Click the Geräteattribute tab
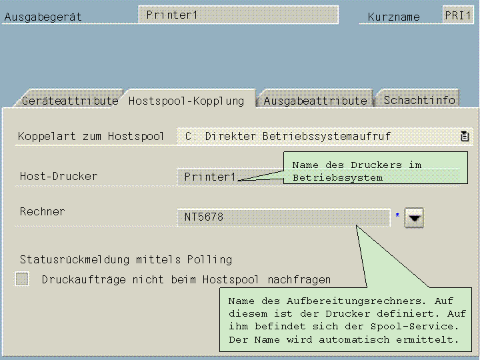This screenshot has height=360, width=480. click(x=69, y=101)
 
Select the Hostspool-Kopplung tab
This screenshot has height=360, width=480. click(x=186, y=101)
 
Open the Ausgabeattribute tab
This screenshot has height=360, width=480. click(x=315, y=101)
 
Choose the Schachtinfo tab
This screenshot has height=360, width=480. click(x=419, y=100)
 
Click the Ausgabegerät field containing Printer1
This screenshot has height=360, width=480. click(x=238, y=15)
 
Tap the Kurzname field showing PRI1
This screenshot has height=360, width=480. click(x=458, y=15)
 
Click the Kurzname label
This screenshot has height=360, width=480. click(x=394, y=17)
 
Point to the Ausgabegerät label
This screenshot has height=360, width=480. click(x=43, y=17)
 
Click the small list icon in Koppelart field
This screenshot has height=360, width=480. click(x=465, y=136)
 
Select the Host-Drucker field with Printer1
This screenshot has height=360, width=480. click(x=210, y=177)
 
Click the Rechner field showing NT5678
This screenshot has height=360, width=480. click(x=283, y=217)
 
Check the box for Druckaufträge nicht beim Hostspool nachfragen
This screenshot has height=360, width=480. click(x=23, y=279)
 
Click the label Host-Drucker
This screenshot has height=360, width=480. click(x=59, y=176)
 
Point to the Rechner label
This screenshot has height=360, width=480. click(x=43, y=211)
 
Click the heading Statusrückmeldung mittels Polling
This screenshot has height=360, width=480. click(x=126, y=259)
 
